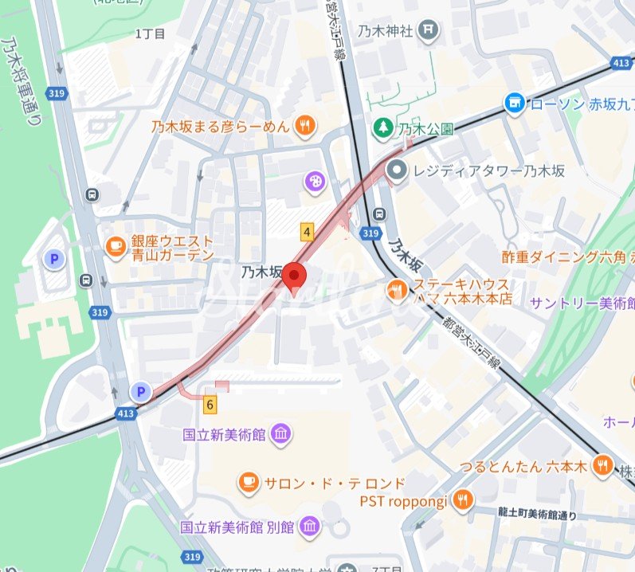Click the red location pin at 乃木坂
click(296, 277)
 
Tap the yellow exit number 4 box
click(307, 232)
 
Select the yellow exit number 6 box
click(210, 404)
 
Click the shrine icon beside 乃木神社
click(429, 30)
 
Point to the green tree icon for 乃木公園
click(383, 127)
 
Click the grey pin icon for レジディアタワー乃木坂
click(396, 170)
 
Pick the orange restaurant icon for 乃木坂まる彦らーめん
click(304, 125)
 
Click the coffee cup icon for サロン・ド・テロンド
click(249, 482)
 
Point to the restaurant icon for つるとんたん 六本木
click(603, 466)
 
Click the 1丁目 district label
click(150, 34)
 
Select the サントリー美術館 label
click(582, 303)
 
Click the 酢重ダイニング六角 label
click(562, 257)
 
